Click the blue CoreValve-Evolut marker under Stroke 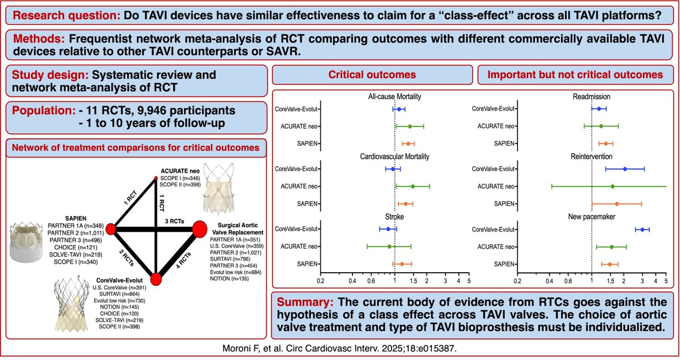[x=388, y=229]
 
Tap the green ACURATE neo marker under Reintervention [x=613, y=186]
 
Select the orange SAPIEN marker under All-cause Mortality [x=408, y=143]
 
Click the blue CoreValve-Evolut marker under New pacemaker [x=642, y=229]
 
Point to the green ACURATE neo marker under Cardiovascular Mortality [x=413, y=186]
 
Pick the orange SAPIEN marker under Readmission [x=606, y=143]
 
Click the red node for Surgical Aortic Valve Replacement [x=200, y=229]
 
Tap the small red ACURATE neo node [x=156, y=179]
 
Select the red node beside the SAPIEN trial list [x=111, y=228]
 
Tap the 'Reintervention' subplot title [x=592, y=156]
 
